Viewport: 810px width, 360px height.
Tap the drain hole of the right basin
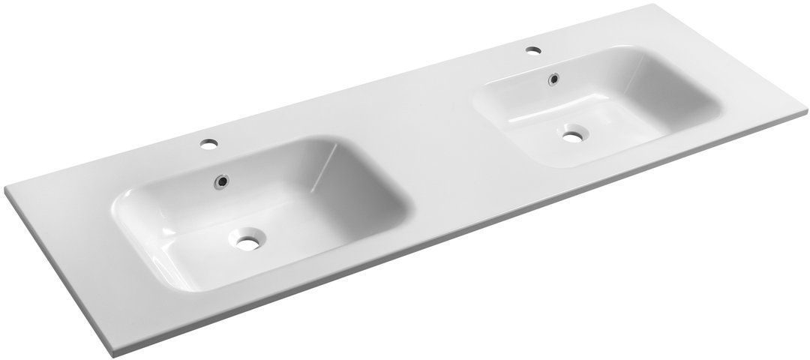(574, 136)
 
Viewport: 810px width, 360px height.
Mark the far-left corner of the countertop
(9, 188)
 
